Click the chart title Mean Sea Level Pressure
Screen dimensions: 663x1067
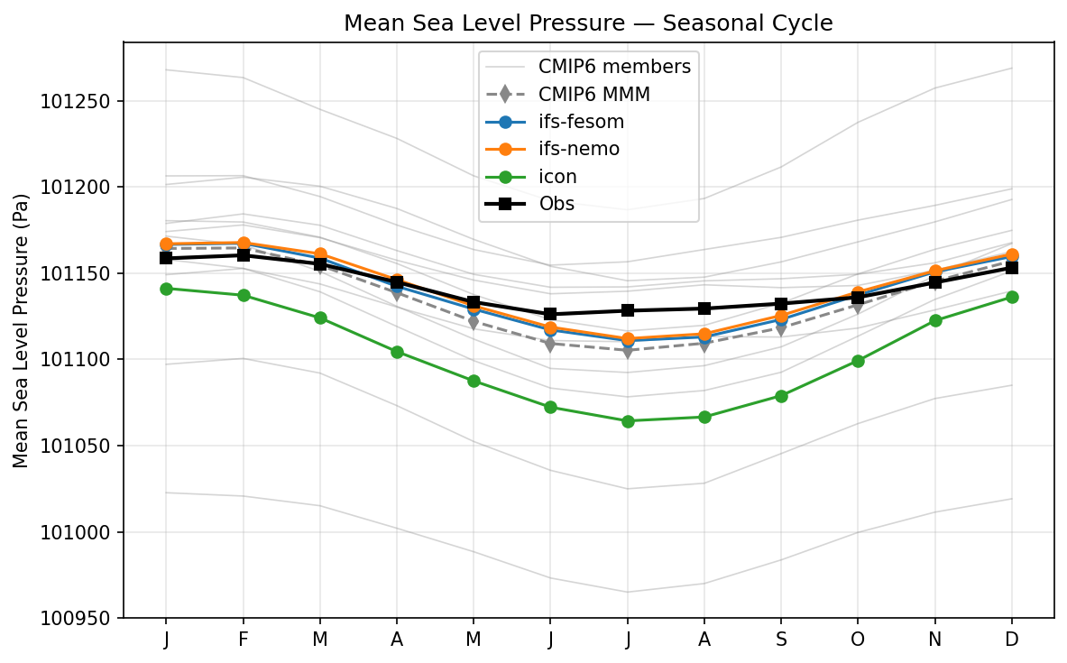point(588,23)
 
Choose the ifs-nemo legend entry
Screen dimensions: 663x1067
point(578,149)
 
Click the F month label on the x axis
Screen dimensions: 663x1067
point(243,640)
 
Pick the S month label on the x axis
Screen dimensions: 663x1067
point(781,640)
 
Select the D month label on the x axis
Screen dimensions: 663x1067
point(1012,640)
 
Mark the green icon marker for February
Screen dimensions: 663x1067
point(243,295)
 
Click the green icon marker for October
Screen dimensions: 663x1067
point(858,361)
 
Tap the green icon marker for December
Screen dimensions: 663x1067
point(1012,297)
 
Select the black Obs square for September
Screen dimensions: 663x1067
point(781,304)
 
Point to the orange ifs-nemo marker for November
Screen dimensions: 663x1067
point(935,271)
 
